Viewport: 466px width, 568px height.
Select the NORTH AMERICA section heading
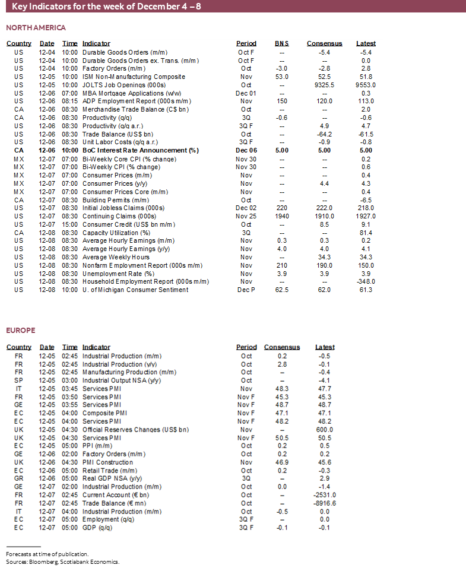click(36, 28)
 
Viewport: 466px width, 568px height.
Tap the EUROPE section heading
click(20, 330)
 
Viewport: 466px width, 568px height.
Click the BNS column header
click(282, 43)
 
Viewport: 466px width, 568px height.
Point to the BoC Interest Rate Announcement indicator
click(140, 151)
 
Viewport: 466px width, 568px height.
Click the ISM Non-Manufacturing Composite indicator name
click(134, 77)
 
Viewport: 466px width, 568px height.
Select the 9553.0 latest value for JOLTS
click(366, 85)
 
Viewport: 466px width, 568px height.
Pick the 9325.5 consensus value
click(324, 85)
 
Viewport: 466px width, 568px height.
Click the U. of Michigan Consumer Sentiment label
click(135, 290)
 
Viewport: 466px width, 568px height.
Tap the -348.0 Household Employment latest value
click(366, 281)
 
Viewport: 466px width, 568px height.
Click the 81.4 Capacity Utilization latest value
click(366, 233)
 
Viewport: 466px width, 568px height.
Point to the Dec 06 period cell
click(246, 151)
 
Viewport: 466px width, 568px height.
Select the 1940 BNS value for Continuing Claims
click(282, 216)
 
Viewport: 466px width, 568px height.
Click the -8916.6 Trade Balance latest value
click(325, 503)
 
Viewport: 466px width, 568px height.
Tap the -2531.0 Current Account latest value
click(325, 494)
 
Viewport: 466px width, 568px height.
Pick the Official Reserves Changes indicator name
click(135, 429)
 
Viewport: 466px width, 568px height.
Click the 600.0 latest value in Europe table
click(325, 429)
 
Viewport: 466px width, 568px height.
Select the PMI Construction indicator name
click(107, 462)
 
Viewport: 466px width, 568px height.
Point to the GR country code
click(19, 478)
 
